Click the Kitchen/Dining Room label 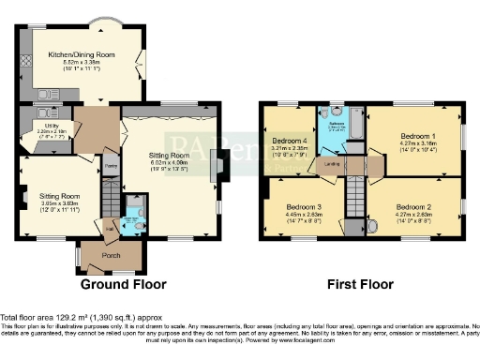click(x=82, y=55)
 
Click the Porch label click(x=97, y=253)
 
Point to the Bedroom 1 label click(x=411, y=136)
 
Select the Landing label click(x=331, y=164)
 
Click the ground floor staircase click(x=111, y=202)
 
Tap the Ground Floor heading click(x=123, y=284)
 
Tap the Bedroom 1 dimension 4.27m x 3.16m click(x=411, y=143)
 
